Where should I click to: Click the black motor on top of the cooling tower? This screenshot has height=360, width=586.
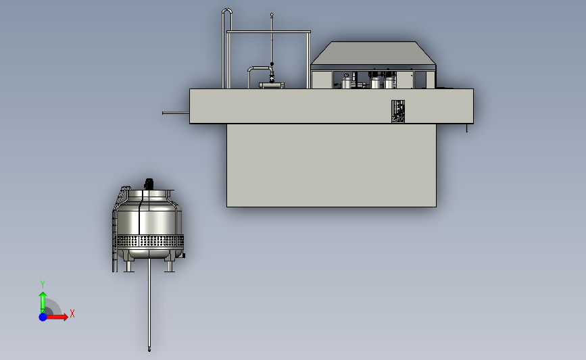149,184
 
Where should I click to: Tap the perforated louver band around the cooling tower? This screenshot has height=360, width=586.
150,241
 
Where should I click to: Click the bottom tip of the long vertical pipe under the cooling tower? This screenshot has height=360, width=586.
149,351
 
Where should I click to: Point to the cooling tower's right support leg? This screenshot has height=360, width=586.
169,266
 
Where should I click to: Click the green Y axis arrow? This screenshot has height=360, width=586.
43,302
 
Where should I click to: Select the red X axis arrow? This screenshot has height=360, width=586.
57,317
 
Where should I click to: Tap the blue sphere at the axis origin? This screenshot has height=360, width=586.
43,317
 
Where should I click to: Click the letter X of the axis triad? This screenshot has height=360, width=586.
72,313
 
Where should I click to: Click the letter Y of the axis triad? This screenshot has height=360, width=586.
43,284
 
